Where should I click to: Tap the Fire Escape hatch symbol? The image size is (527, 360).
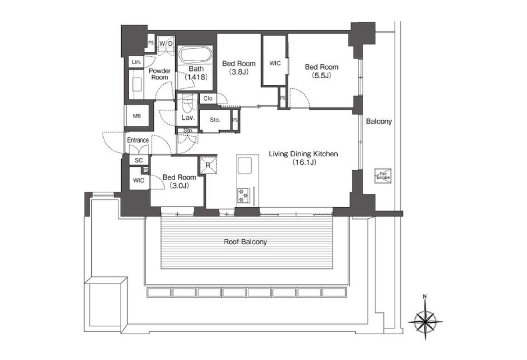pos(383,176)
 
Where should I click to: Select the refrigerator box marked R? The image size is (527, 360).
pos(208,166)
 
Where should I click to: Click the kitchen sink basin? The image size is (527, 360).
pos(245,166)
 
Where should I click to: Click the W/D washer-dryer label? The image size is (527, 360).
pos(166,43)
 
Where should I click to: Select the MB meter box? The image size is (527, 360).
pos(137,115)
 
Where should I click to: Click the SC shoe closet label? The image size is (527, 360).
pos(139,160)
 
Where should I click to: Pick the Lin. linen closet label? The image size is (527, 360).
pos(137,62)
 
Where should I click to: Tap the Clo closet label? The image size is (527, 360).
pos(208,98)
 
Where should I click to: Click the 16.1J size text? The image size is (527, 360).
pos(304,162)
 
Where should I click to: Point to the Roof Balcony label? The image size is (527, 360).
pos(245,242)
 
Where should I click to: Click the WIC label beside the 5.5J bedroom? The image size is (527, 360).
pos(275,63)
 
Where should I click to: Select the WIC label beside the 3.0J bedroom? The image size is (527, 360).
pos(139,180)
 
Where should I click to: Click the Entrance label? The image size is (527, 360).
pos(138,140)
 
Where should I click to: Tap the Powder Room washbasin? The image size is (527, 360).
pos(137,84)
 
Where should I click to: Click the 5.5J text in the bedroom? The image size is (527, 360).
pos(321,76)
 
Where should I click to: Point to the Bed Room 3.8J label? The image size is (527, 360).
pos(239,68)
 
